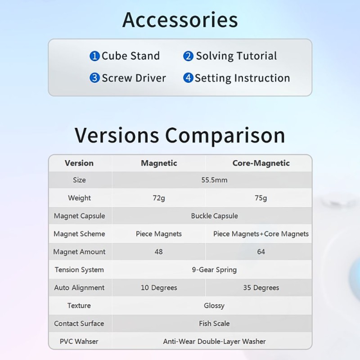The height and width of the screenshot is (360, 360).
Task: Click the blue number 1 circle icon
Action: (94, 56)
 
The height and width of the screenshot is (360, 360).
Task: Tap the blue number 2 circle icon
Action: (188, 56)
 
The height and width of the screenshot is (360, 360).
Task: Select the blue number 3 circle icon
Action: (94, 78)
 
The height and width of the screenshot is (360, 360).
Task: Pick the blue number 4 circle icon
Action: (188, 78)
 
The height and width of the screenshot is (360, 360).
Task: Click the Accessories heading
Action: (180, 20)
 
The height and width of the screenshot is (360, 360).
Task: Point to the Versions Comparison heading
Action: (180, 135)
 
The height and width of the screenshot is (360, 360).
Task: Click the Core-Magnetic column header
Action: (261, 163)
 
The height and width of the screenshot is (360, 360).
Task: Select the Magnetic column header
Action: (159, 163)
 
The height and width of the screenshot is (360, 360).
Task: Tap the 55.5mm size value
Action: (215, 180)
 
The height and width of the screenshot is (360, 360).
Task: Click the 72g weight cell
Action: (159, 198)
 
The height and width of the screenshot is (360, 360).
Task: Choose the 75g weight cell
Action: (261, 198)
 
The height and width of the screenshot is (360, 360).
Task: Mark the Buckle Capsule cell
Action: (215, 216)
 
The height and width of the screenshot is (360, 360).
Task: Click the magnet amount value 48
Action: (159, 252)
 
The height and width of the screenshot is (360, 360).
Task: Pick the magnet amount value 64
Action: (261, 252)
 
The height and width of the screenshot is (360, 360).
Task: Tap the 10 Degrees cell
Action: (159, 288)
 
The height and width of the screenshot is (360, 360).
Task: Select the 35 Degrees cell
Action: (261, 288)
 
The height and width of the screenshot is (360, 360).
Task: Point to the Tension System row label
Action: (79, 270)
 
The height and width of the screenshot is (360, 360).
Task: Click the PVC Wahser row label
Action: (79, 342)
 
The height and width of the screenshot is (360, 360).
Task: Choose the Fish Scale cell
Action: (214, 324)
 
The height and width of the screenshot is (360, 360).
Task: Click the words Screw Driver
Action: (134, 78)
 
